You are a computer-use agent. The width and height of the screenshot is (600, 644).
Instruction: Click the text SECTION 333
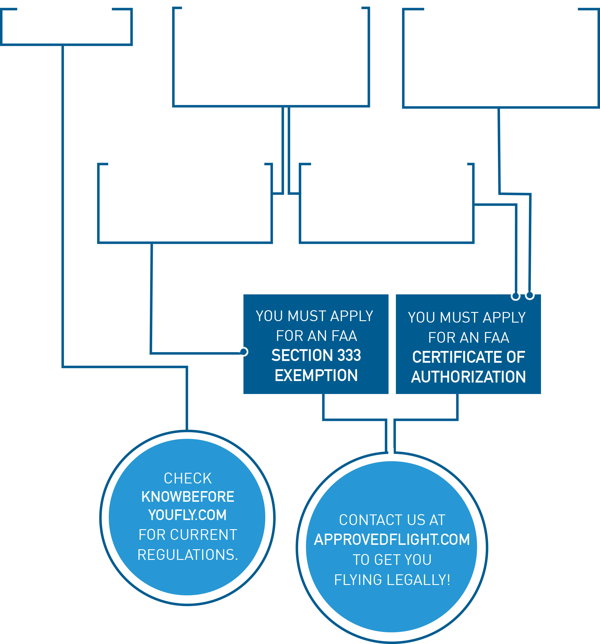[x=316, y=355]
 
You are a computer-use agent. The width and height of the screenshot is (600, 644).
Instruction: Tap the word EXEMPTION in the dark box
[x=316, y=375]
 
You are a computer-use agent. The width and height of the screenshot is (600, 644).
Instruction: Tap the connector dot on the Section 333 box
[x=244, y=352]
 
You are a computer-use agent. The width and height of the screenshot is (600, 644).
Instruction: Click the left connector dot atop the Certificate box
[x=516, y=296]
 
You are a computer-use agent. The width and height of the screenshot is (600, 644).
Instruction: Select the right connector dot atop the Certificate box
[x=530, y=295]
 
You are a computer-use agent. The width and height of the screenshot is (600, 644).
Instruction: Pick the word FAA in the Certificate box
[x=497, y=338]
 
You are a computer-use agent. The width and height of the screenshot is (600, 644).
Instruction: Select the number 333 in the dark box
[x=349, y=355]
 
